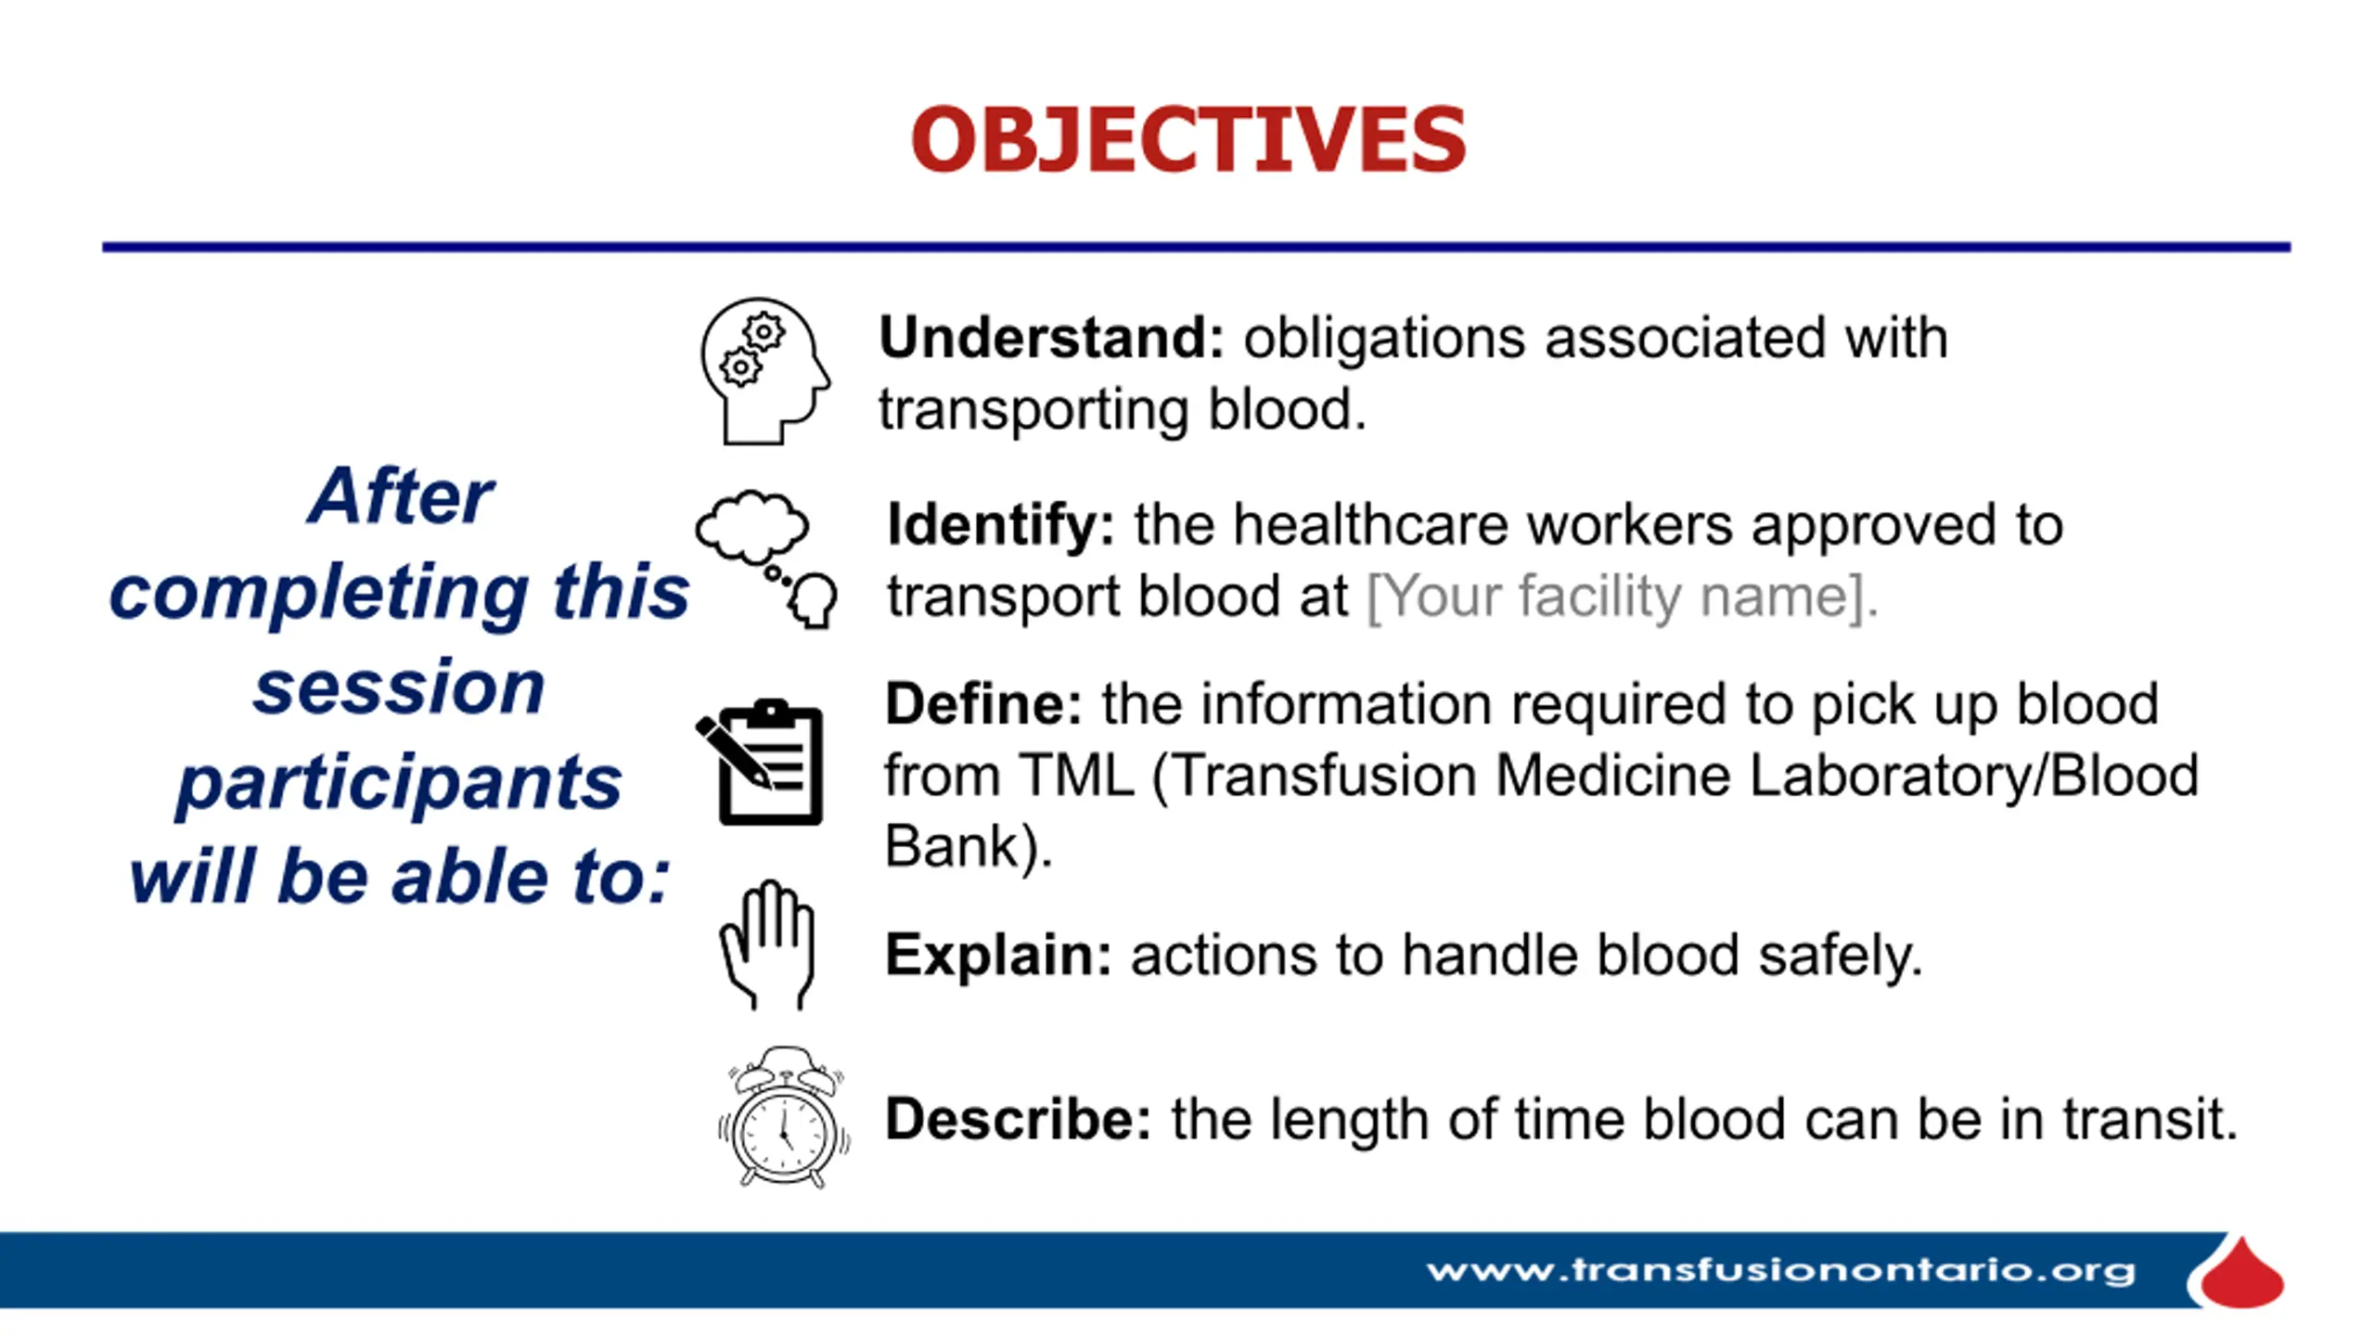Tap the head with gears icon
click(x=765, y=371)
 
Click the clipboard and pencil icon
click(x=760, y=762)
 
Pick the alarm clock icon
click(x=784, y=1117)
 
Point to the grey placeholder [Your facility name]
click(x=1623, y=597)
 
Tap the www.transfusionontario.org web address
click(x=1781, y=1270)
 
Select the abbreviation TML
click(x=1077, y=776)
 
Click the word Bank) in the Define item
click(x=969, y=847)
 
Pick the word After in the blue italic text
click(x=400, y=496)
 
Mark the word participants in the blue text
click(x=399, y=784)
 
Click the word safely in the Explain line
click(x=1841, y=957)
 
